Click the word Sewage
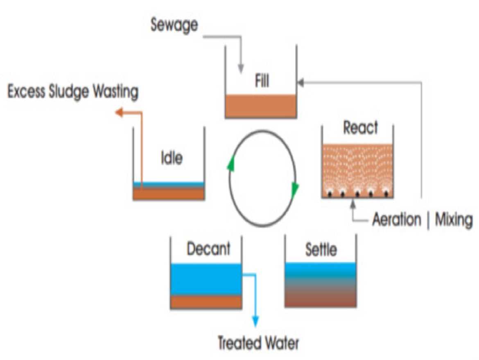tap(174, 25)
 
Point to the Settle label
tap(321, 250)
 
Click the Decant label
tap(208, 249)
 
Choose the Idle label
tap(171, 157)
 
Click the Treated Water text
tap(258, 343)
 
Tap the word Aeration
tap(396, 220)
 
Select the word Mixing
tap(453, 220)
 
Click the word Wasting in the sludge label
tap(115, 92)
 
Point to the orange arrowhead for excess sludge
tap(119, 112)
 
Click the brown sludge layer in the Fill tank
tap(261, 106)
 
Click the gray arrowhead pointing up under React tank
tap(352, 202)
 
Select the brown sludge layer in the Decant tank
tap(206, 302)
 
